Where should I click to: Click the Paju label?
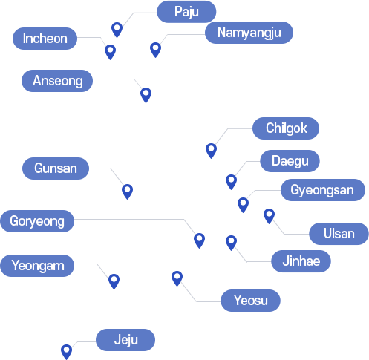(x=186, y=12)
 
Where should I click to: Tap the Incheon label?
(x=45, y=39)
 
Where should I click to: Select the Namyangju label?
(x=249, y=33)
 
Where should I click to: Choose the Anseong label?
(x=57, y=81)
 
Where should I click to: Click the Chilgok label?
(x=286, y=128)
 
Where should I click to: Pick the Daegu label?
(x=290, y=161)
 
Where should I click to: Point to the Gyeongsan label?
(x=323, y=190)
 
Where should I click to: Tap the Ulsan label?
(x=339, y=234)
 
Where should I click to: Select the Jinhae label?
(x=301, y=261)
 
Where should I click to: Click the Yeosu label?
(x=250, y=301)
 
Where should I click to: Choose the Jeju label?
(x=125, y=340)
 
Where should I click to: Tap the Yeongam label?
(x=37, y=266)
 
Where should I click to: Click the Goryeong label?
(x=37, y=221)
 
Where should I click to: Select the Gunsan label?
(x=56, y=168)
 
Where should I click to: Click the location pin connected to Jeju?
(x=66, y=352)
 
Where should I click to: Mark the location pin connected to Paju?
(x=117, y=30)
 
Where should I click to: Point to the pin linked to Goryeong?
(x=199, y=240)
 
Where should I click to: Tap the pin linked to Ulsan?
(x=269, y=216)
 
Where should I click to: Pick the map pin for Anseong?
(x=146, y=95)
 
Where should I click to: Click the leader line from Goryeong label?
(x=134, y=219)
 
